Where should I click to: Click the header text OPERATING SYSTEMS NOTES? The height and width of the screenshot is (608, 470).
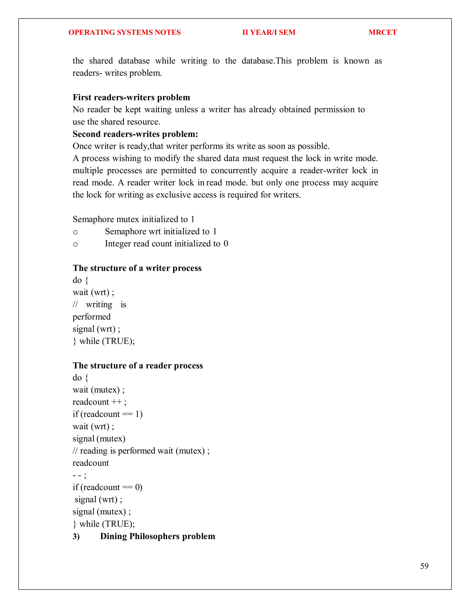pyautogui.click(x=124, y=32)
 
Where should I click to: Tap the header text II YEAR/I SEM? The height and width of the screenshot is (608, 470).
pyautogui.click(x=269, y=32)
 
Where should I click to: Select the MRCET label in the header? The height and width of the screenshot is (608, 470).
pyautogui.click(x=382, y=32)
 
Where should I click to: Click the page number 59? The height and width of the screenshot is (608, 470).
pyautogui.click(x=424, y=566)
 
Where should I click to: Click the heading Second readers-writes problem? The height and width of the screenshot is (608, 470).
pyautogui.click(x=135, y=134)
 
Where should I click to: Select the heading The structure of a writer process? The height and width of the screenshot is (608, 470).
pyautogui.click(x=137, y=268)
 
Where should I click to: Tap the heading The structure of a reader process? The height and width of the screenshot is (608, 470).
pyautogui.click(x=138, y=365)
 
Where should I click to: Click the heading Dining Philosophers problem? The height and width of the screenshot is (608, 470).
pyautogui.click(x=158, y=536)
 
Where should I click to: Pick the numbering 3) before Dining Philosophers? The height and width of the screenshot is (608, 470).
pyautogui.click(x=76, y=536)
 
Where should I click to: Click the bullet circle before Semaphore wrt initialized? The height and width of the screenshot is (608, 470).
pyautogui.click(x=75, y=232)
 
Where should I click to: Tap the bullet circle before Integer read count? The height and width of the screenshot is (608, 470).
pyautogui.click(x=75, y=244)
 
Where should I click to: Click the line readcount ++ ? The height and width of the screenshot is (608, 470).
pyautogui.click(x=99, y=402)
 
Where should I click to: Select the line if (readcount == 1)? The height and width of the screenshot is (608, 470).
pyautogui.click(x=107, y=414)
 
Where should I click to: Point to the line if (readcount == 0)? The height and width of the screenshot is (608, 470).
pyautogui.click(x=107, y=488)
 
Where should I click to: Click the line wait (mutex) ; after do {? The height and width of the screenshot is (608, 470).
pyautogui.click(x=98, y=390)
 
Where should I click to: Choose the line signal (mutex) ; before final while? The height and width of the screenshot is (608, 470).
pyautogui.click(x=102, y=512)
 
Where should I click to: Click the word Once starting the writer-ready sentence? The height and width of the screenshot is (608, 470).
pyautogui.click(x=82, y=146)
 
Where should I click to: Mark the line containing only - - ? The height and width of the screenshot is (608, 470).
pyautogui.click(x=79, y=475)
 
